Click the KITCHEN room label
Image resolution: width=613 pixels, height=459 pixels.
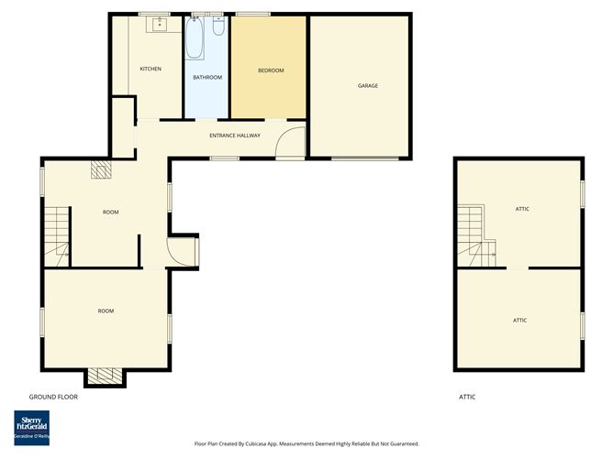(x=150, y=70)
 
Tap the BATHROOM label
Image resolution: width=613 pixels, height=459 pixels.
(x=207, y=77)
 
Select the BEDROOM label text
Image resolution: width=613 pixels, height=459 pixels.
(x=270, y=71)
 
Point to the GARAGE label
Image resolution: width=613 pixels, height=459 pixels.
(x=368, y=86)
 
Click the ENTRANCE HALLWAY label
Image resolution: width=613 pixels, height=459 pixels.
(x=235, y=136)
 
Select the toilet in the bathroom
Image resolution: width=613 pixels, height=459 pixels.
(x=217, y=25)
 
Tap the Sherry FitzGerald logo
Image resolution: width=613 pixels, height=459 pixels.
(x=32, y=427)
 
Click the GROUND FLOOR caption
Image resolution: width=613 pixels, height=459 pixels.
(x=53, y=397)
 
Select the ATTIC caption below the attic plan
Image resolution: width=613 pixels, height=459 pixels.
(x=467, y=397)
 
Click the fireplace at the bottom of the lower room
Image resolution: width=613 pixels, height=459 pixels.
(x=104, y=375)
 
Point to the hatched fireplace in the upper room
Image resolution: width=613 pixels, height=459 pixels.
(x=101, y=168)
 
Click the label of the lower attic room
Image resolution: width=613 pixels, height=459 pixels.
(x=519, y=320)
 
